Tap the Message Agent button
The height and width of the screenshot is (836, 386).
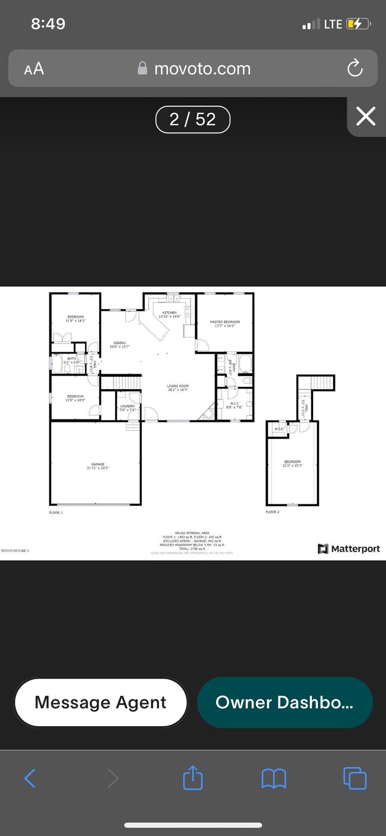[100, 702]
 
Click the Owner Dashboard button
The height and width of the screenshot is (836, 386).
[284, 702]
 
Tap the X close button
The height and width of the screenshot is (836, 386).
[365, 116]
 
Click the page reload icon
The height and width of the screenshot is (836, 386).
[355, 68]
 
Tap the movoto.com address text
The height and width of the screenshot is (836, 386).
[202, 68]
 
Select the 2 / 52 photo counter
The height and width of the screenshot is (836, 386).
[192, 119]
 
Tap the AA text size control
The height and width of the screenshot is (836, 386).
[34, 68]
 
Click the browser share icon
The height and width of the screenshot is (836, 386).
[193, 778]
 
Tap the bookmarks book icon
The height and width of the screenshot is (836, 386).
[273, 778]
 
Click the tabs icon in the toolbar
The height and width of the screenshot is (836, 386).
[355, 778]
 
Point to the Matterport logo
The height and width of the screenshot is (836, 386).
[349, 548]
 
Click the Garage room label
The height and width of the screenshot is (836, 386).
[97, 465]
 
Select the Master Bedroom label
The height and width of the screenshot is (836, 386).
[224, 322]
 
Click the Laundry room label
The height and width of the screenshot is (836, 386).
[127, 406]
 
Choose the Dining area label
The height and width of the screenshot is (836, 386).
[120, 343]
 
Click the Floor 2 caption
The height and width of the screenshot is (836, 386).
[272, 512]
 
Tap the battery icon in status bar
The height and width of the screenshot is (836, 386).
[359, 24]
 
